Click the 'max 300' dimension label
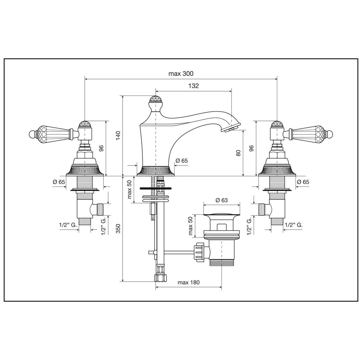[181, 74]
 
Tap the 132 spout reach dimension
[194, 86]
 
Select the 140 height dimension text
[118, 136]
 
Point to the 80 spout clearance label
[238, 153]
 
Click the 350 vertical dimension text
[118, 228]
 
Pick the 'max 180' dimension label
[188, 282]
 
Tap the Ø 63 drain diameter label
[222, 200]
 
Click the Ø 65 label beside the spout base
[182, 160]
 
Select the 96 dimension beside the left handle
[102, 148]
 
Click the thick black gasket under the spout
[155, 188]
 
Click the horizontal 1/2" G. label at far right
[294, 225]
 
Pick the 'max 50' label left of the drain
[190, 226]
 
